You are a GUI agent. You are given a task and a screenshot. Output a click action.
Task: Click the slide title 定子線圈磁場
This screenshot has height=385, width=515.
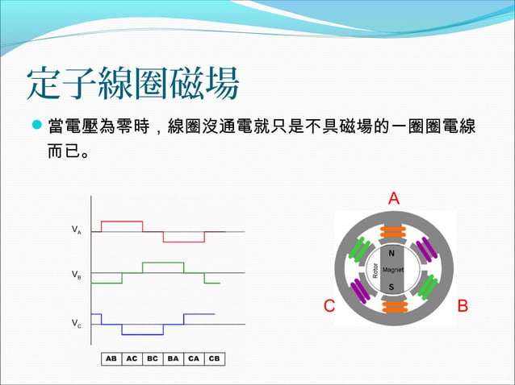132,82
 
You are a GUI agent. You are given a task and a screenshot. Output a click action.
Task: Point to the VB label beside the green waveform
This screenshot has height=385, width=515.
76,275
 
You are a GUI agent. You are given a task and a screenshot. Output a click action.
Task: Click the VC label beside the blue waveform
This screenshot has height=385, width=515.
76,324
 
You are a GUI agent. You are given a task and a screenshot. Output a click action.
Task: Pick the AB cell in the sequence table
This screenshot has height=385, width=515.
111,358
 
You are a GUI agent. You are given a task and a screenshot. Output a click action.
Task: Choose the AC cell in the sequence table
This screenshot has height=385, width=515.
132,358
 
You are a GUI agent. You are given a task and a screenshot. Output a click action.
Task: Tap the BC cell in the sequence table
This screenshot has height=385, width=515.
152,358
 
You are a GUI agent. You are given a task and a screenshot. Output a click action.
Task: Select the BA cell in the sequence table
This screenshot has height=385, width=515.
173,358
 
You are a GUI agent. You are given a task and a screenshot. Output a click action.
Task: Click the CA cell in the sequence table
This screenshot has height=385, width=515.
193,358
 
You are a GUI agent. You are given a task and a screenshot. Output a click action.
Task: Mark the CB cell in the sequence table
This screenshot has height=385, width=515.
214,358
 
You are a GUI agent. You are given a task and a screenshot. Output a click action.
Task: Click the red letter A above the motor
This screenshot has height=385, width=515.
394,198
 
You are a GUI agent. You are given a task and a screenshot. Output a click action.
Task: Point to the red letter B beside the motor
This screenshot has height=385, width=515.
463,307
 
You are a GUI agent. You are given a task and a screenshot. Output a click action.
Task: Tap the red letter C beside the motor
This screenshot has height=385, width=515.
329,307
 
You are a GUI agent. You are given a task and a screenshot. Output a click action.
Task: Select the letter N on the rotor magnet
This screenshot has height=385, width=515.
391,252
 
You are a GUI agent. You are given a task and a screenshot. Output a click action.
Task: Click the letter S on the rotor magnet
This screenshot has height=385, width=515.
391,287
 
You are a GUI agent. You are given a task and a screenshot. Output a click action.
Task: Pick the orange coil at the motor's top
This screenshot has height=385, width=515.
393,233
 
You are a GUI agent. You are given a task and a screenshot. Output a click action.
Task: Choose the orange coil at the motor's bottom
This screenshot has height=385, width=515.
393,306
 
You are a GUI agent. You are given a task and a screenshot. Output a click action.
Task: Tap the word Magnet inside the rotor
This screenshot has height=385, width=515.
393,270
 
